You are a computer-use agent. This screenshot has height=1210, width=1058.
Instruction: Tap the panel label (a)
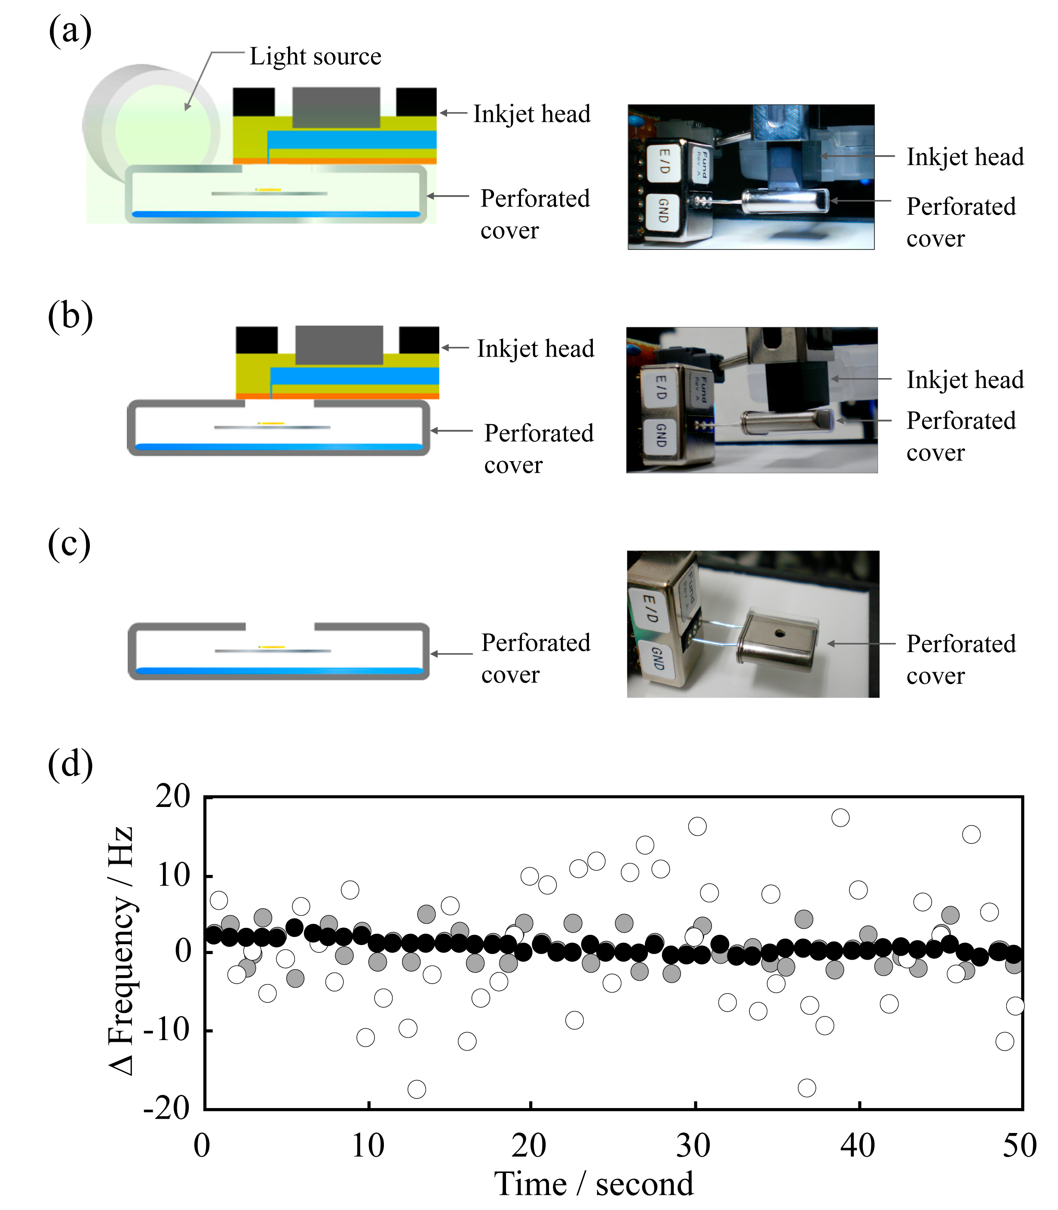pyautogui.click(x=70, y=31)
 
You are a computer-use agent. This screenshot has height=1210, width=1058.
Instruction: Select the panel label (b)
pyautogui.click(x=70, y=316)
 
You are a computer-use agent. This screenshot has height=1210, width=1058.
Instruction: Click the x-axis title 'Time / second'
pyautogui.click(x=593, y=1183)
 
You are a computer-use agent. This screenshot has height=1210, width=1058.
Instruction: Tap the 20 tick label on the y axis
pyautogui.click(x=173, y=797)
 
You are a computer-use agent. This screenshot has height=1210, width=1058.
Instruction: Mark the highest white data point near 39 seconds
pyautogui.click(x=840, y=818)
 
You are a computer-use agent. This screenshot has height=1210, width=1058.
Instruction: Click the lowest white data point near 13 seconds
pyautogui.click(x=416, y=1089)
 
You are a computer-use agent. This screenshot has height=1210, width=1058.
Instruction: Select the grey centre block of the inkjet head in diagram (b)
pyautogui.click(x=339, y=345)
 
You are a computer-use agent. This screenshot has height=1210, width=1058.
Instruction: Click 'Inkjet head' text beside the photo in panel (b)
pyautogui.click(x=965, y=380)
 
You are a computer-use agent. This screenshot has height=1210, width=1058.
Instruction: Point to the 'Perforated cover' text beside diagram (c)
pyautogui.click(x=536, y=658)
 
